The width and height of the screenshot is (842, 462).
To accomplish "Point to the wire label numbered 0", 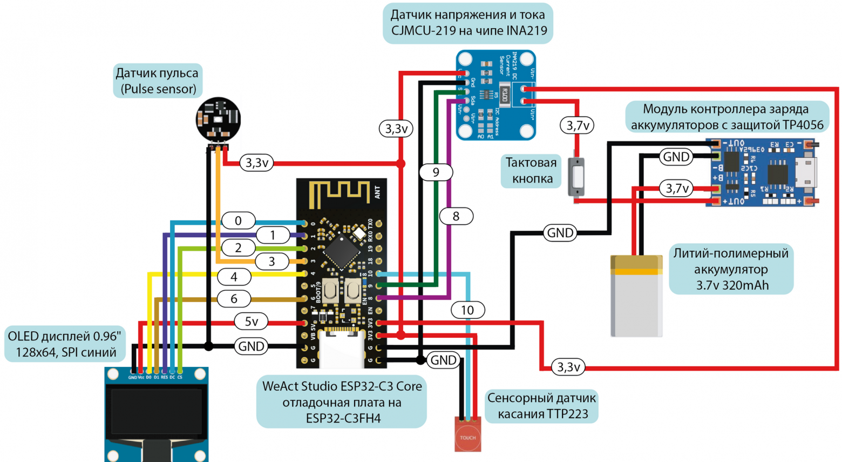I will [238, 220].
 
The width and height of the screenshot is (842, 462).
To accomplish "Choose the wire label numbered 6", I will [234, 299].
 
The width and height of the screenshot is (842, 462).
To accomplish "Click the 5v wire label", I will [252, 322].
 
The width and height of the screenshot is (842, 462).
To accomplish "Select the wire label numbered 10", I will [467, 310].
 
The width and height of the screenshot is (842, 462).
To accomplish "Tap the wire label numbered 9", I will [436, 172].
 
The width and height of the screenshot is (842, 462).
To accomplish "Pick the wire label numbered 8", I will [456, 216].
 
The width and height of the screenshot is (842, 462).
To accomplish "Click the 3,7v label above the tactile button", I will [577, 126].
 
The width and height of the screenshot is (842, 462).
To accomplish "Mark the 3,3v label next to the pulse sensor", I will [257, 163].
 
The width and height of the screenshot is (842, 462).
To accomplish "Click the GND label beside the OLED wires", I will [252, 346].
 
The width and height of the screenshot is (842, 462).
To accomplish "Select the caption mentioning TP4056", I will [726, 117].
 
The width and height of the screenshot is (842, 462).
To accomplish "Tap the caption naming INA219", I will [468, 23].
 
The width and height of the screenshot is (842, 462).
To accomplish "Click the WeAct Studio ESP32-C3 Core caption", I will [342, 402].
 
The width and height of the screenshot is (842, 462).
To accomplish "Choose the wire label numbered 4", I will [234, 277].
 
